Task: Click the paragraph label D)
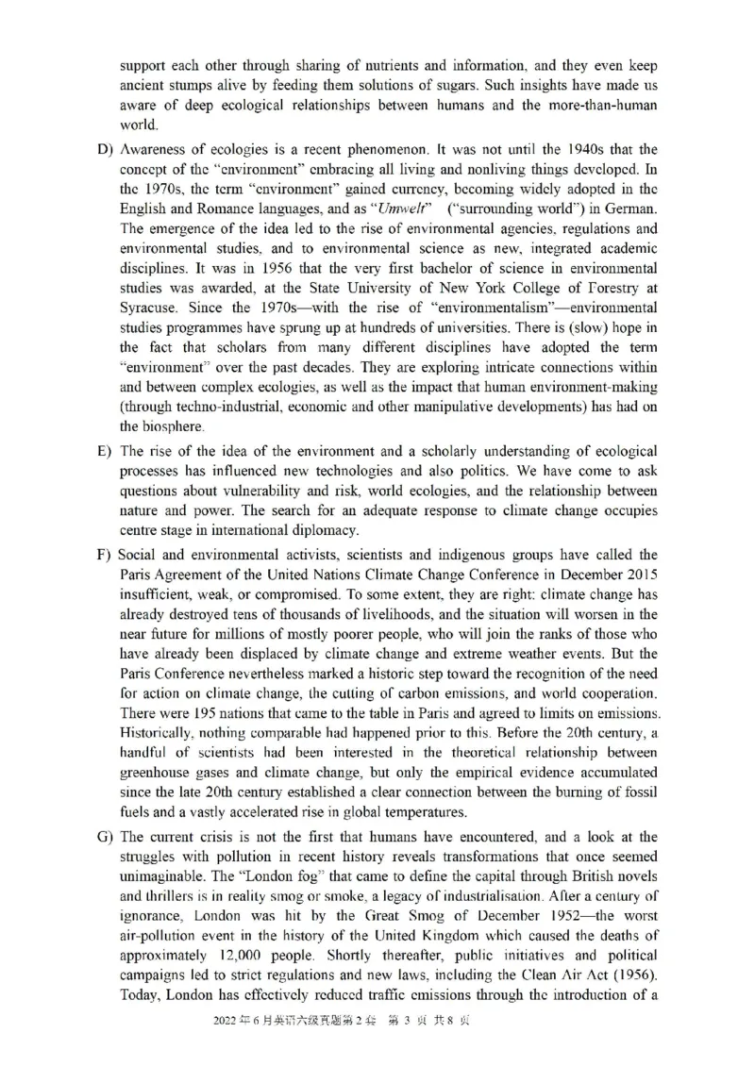tap(105, 150)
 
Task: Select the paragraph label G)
tap(105, 838)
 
